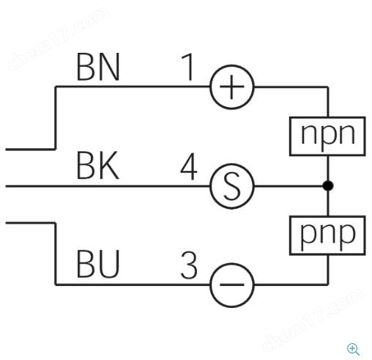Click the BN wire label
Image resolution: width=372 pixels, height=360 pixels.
pos(98,67)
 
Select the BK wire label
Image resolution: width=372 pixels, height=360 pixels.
pos(98,166)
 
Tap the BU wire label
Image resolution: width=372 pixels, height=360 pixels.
pos(98,264)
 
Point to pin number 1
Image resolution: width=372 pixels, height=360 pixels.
pos(188,67)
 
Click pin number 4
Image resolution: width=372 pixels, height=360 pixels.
pos(189,166)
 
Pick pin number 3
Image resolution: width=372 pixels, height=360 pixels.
pos(189,265)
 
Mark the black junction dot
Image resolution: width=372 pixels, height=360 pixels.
pos(328,185)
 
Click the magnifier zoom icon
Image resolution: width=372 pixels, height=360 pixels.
pos(353,349)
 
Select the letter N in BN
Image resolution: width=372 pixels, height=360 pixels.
pos(109,67)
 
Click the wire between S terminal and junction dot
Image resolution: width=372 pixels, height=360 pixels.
pos(289,186)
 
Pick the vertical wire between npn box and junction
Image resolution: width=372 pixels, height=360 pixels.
pos(328,168)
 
